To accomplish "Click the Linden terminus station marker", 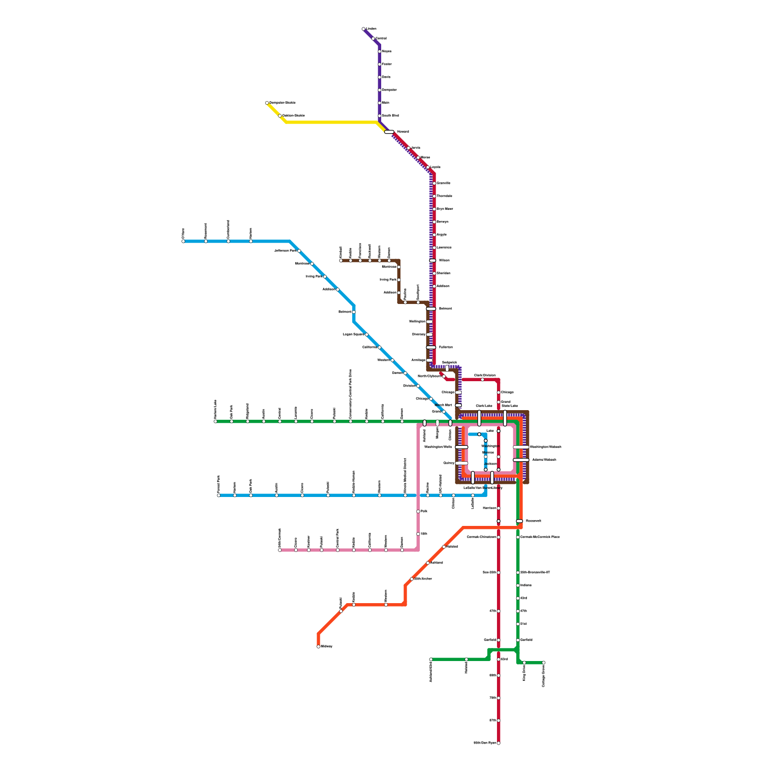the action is coord(363,29).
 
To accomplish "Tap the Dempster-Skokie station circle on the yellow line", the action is coord(267,103).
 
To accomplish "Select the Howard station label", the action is coord(403,132).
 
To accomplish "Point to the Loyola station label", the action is coord(435,167).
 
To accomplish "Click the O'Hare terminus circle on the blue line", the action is coord(183,241).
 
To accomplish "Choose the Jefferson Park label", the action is coord(285,251).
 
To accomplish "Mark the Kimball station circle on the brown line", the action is coord(341,261).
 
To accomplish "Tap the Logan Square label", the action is coord(353,334).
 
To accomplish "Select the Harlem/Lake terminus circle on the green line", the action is coord(216,421).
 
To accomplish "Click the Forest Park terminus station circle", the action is coord(219,496).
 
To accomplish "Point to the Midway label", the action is coord(327,647).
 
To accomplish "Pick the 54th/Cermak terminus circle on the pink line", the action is coord(280,550).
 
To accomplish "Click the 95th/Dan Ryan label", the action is coord(485,743).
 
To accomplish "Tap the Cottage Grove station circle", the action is coord(544,662).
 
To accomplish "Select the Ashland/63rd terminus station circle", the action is coord(431,660).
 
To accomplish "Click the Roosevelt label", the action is coord(533,521).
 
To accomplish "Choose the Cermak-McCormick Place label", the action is coord(540,537).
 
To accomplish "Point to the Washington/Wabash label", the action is coord(545,447).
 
